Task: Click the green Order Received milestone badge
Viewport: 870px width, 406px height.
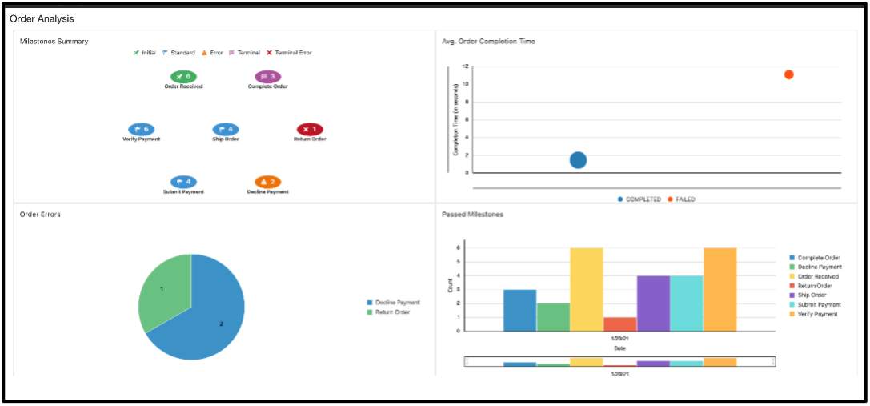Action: pyautogui.click(x=183, y=77)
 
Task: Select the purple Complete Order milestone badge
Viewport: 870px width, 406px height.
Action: pyautogui.click(x=267, y=77)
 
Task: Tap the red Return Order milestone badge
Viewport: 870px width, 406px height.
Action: pyautogui.click(x=310, y=129)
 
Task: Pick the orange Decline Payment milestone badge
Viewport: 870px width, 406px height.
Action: pyautogui.click(x=267, y=183)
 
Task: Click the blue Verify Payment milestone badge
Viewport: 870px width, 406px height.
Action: pyautogui.click(x=141, y=129)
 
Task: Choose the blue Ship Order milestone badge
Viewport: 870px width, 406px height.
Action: pyautogui.click(x=226, y=129)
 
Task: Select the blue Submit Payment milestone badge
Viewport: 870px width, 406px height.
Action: pyautogui.click(x=183, y=183)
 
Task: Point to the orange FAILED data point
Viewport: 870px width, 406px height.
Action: pyautogui.click(x=788, y=74)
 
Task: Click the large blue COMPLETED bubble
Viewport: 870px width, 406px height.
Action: pyautogui.click(x=578, y=160)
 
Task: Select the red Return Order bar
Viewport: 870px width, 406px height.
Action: pyautogui.click(x=619, y=324)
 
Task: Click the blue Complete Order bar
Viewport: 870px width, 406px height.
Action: pyautogui.click(x=519, y=310)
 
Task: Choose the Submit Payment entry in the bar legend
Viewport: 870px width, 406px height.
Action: pyautogui.click(x=819, y=305)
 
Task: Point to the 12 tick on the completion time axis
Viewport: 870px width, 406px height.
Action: pyautogui.click(x=465, y=67)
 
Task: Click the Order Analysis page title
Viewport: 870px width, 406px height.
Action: pyautogui.click(x=42, y=18)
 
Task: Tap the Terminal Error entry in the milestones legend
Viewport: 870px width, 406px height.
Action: pyautogui.click(x=289, y=53)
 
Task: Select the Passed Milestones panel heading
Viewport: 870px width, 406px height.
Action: pyautogui.click(x=472, y=215)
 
